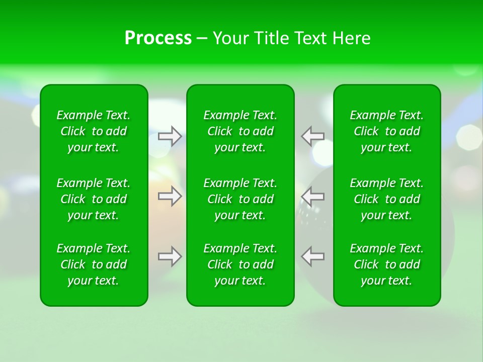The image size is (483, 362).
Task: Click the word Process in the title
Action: point(158,38)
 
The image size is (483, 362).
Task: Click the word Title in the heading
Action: point(272,38)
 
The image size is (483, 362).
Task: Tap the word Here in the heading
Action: point(351,38)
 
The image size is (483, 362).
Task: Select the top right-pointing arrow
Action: point(170,136)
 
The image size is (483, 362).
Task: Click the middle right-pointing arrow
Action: point(170,196)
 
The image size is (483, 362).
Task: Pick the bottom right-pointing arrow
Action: point(170,256)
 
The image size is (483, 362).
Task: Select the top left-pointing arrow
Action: point(312,136)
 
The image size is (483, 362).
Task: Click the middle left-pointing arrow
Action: point(312,196)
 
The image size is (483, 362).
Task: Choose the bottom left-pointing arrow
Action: point(312,256)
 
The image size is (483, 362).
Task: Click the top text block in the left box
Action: point(94,131)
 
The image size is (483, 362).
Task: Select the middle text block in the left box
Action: point(94,199)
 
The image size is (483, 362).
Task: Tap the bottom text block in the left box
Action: point(94,264)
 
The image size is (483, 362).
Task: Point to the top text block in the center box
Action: point(240,131)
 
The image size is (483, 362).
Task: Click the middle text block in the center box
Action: point(240,199)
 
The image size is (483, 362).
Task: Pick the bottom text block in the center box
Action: point(240,264)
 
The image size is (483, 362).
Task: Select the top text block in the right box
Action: point(387,131)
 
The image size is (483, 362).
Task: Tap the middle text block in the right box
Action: point(387,199)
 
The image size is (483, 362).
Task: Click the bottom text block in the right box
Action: point(387,264)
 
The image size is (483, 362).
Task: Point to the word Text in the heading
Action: point(310,38)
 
